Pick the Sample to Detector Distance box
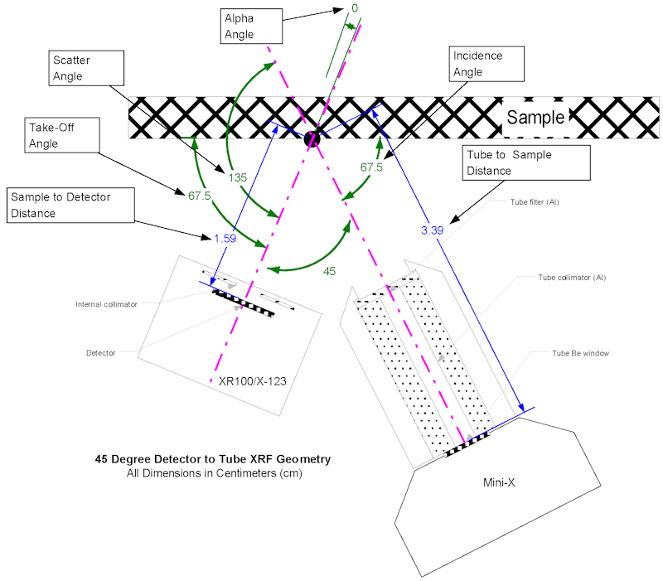pos(70,205)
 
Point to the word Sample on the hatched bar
pos(535,117)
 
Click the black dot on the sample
pos(312,138)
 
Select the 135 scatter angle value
pos(238,177)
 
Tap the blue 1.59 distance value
pos(225,239)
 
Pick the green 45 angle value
pos(329,271)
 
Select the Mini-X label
pos(501,480)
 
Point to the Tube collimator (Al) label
pos(566,277)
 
